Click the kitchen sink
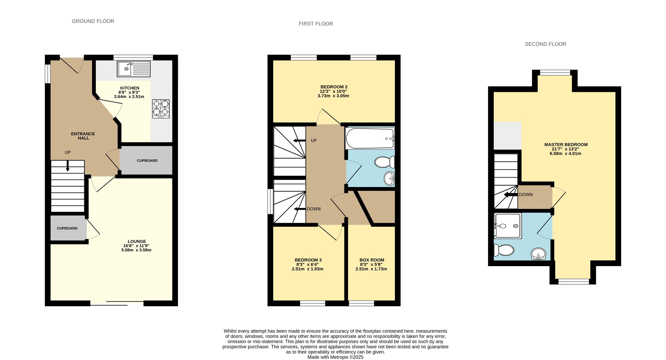[133, 69]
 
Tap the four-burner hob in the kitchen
[161, 109]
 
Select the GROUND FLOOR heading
[93, 21]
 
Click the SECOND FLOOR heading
[545, 44]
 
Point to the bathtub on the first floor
[370, 138]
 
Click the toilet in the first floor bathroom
[384, 162]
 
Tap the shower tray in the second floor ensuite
[508, 226]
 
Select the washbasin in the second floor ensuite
[538, 254]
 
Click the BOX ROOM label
[372, 260]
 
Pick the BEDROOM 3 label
[308, 260]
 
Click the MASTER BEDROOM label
[566, 144]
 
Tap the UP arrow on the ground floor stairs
[68, 166]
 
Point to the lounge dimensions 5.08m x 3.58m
[136, 250]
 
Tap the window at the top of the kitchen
[133, 57]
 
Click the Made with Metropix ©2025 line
[335, 357]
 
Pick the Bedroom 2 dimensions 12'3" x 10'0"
[333, 91]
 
